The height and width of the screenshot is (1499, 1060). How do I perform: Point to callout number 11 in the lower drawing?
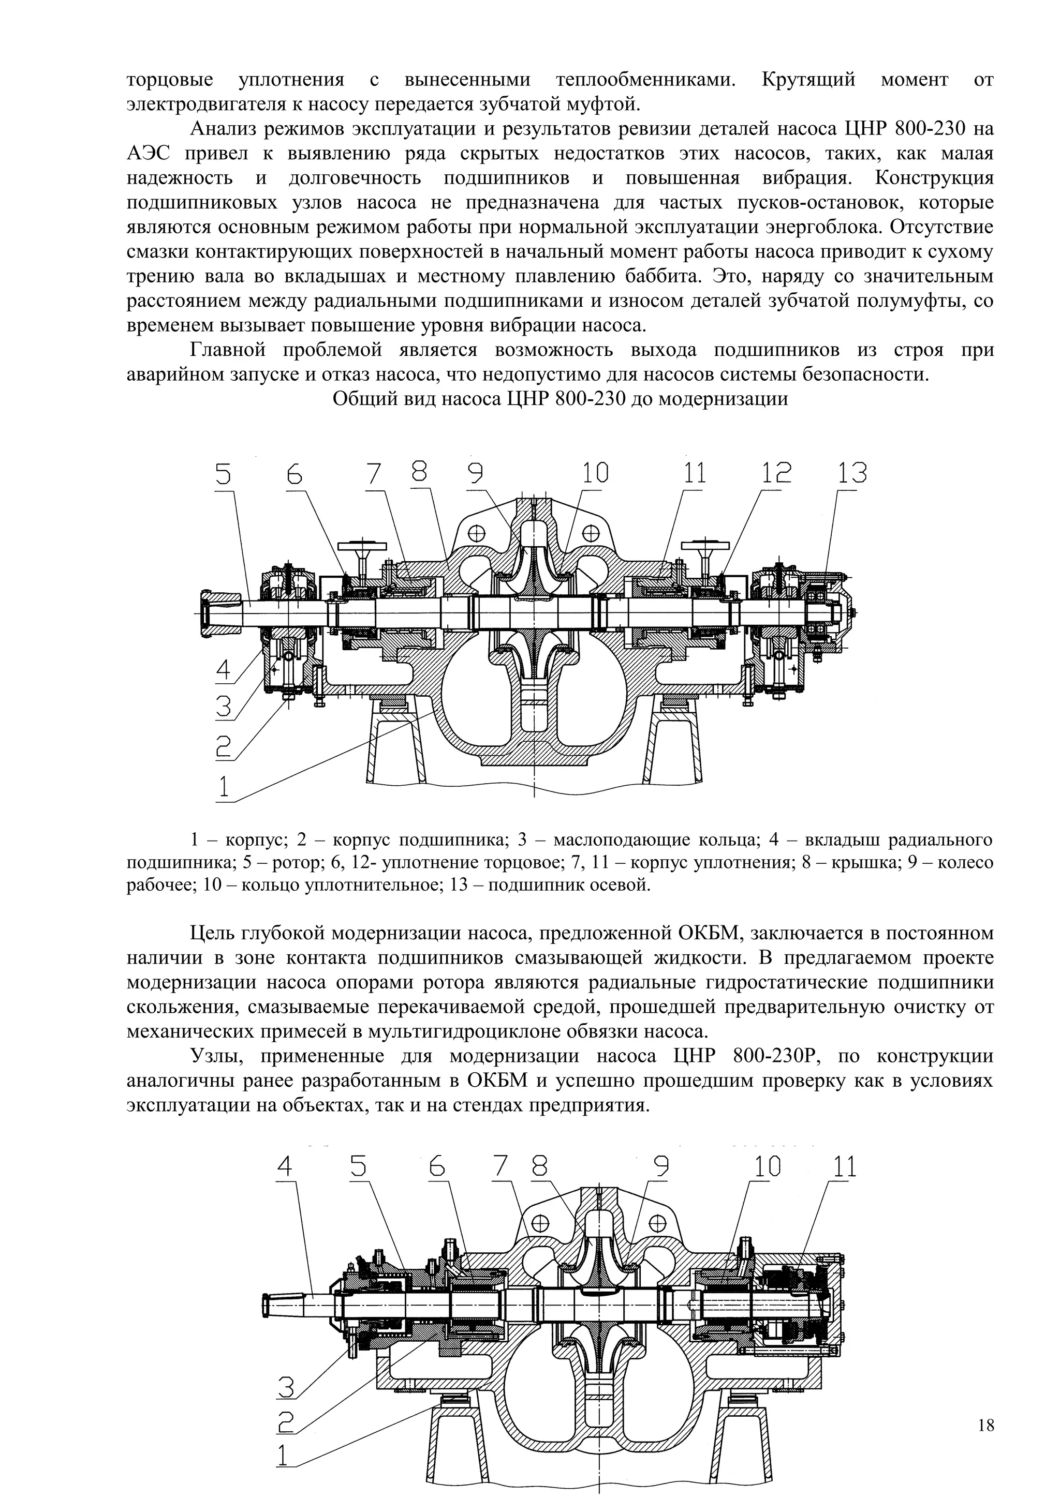[843, 1167]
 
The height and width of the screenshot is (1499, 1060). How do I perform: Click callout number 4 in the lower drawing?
[285, 1167]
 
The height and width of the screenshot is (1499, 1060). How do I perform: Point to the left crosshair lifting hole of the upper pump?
[477, 532]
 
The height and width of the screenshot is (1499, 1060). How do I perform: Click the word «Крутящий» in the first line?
[808, 80]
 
